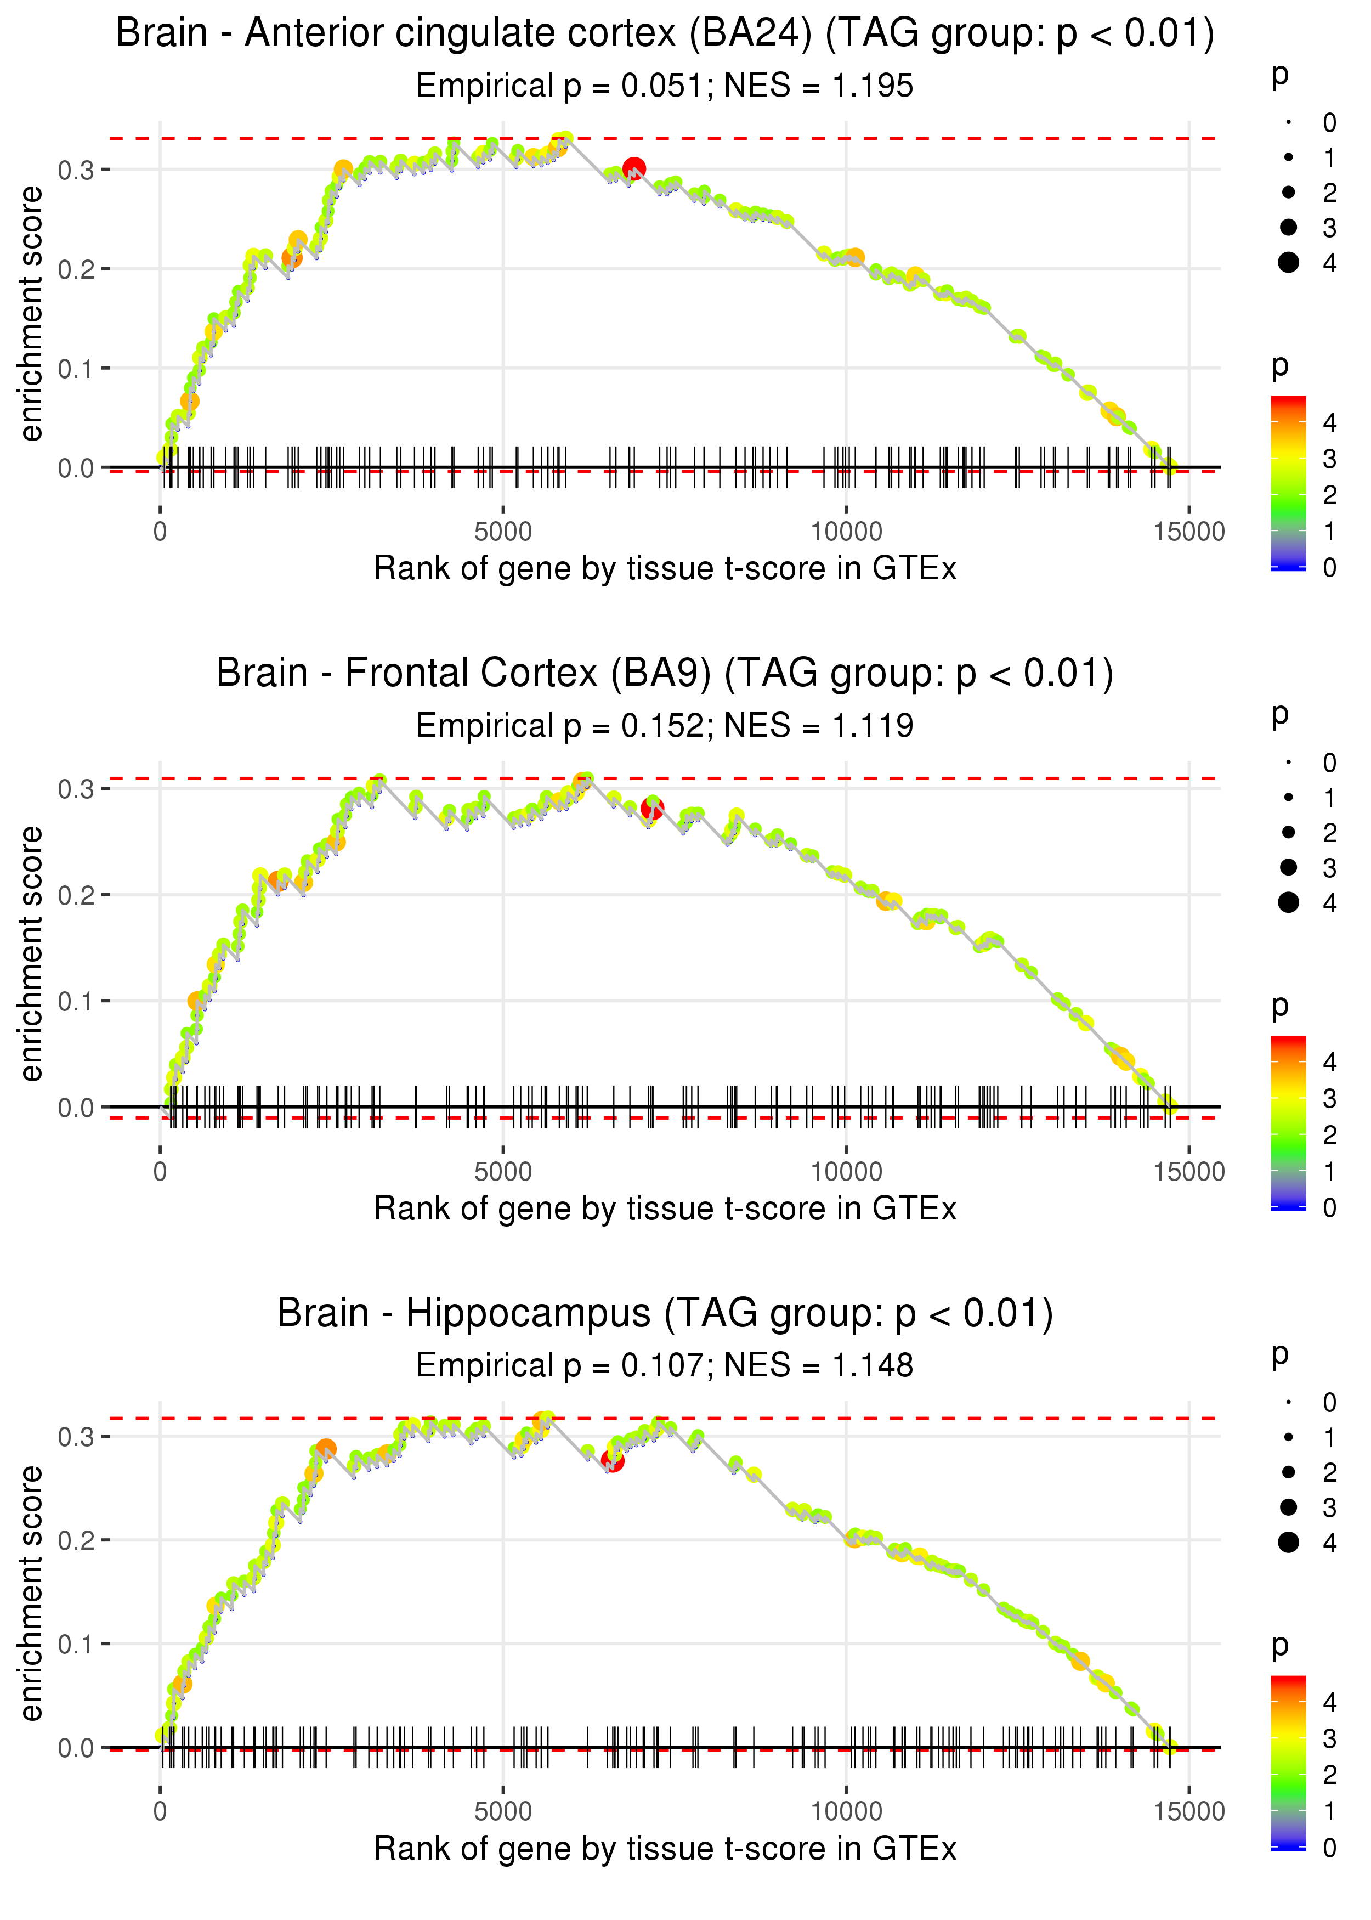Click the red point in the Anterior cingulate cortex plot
pyautogui.click(x=634, y=170)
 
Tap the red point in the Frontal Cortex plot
pyautogui.click(x=651, y=809)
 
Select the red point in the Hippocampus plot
pyautogui.click(x=613, y=1460)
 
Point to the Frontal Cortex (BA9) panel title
pyautogui.click(x=665, y=673)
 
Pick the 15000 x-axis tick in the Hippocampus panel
pyautogui.click(x=1188, y=1811)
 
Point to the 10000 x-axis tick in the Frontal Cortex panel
pyautogui.click(x=846, y=1171)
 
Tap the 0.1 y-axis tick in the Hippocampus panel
pyautogui.click(x=76, y=1644)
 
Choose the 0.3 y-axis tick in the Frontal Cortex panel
pyautogui.click(x=76, y=789)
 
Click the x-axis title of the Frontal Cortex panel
pyautogui.click(x=665, y=1209)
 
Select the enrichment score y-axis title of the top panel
pyautogui.click(x=31, y=314)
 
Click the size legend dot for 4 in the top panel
pyautogui.click(x=1288, y=263)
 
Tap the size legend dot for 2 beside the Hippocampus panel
pyautogui.click(x=1288, y=1472)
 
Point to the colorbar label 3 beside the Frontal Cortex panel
pyautogui.click(x=1330, y=1098)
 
